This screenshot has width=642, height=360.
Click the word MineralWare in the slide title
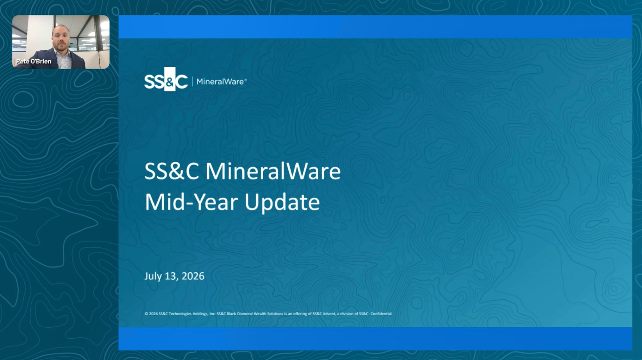pyautogui.click(x=273, y=171)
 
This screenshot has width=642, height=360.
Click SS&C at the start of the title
pyautogui.click(x=172, y=171)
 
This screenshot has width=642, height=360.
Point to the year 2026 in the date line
pyautogui.click(x=193, y=276)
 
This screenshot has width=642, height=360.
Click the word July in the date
pyautogui.click(x=153, y=277)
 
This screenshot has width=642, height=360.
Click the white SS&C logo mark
pyautogui.click(x=166, y=79)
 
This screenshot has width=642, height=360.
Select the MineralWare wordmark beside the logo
pyautogui.click(x=220, y=82)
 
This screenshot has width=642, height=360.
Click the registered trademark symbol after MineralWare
pyautogui.click(x=245, y=80)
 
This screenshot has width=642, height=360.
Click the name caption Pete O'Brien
pyautogui.click(x=34, y=61)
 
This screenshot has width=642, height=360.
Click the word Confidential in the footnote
pyautogui.click(x=381, y=314)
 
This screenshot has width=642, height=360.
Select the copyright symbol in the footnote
pyautogui.click(x=146, y=314)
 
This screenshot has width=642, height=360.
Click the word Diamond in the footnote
pyautogui.click(x=245, y=314)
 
